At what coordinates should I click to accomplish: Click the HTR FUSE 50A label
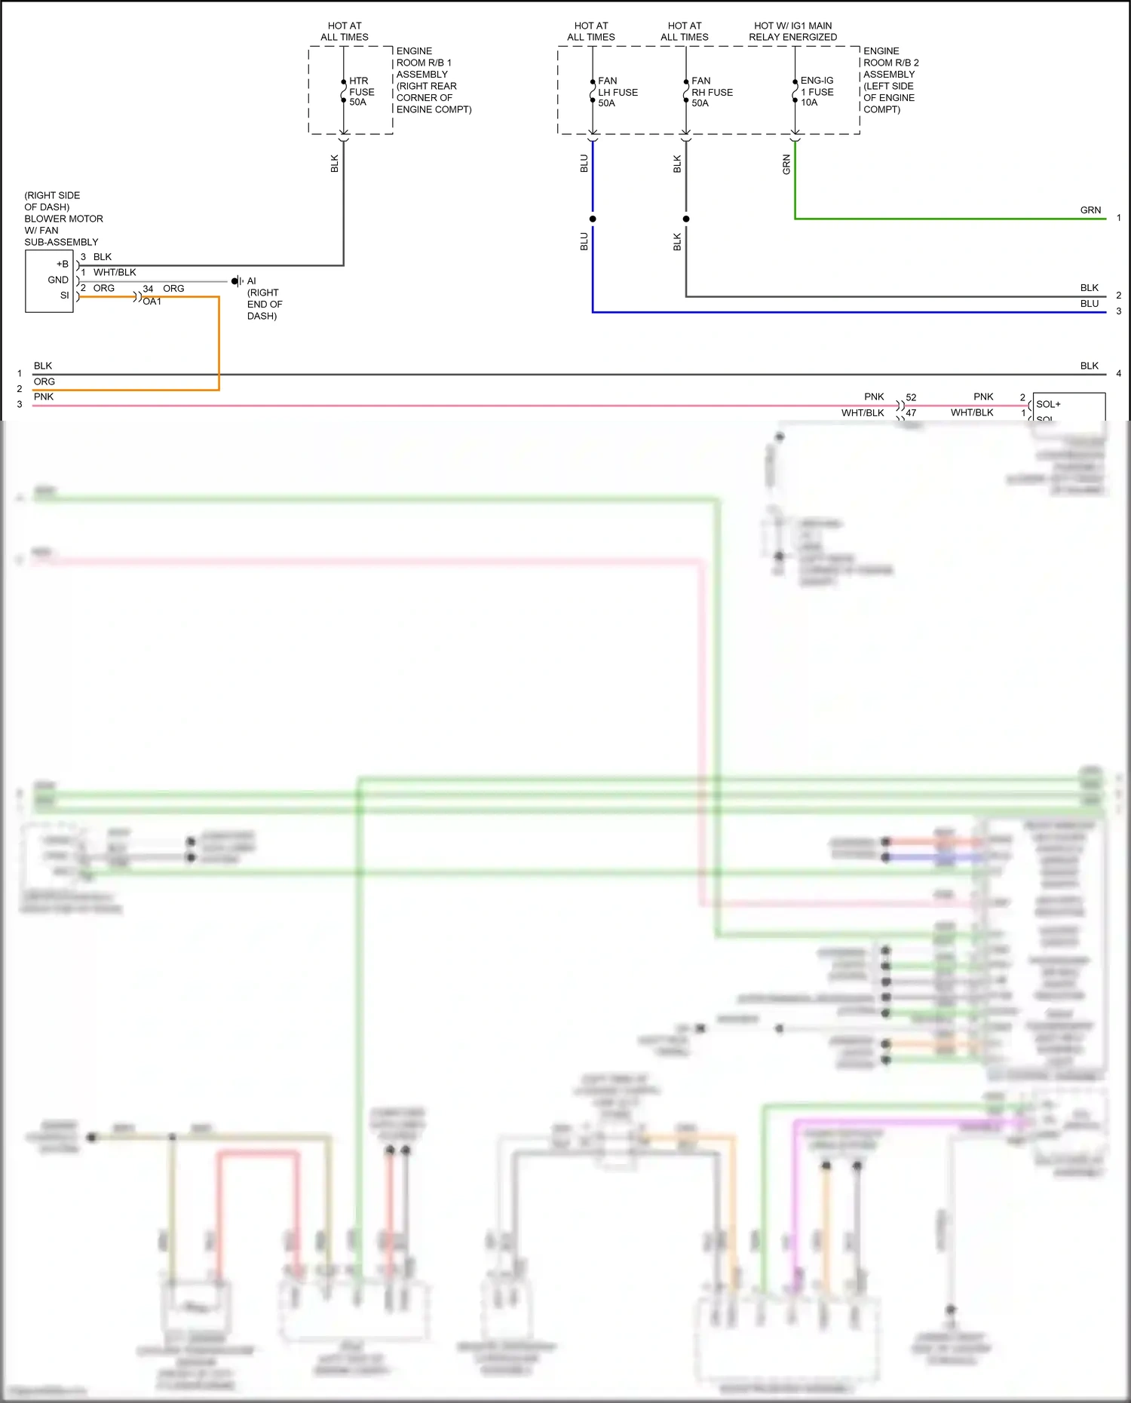(x=360, y=91)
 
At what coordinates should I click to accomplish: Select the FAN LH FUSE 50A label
(x=617, y=92)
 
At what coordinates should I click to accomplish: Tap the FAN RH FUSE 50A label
(x=711, y=92)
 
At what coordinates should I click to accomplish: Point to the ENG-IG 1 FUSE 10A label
(x=817, y=91)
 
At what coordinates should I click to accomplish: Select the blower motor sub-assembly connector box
(x=49, y=281)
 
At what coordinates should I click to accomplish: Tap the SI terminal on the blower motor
(x=65, y=296)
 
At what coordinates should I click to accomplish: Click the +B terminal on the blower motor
(x=63, y=264)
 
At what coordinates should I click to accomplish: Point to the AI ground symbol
(x=237, y=281)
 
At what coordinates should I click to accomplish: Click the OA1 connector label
(x=152, y=302)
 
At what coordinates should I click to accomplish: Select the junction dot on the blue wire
(x=593, y=219)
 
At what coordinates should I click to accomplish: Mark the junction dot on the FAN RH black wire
(x=686, y=219)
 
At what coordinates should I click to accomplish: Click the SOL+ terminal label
(x=1048, y=404)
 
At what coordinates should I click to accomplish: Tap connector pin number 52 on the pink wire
(x=911, y=397)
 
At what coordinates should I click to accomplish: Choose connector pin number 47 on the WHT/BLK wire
(x=911, y=413)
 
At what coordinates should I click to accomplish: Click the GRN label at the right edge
(x=1090, y=210)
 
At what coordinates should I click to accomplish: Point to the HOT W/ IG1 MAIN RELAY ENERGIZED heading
(x=792, y=31)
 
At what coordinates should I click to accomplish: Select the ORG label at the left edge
(x=44, y=381)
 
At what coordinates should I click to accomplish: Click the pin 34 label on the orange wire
(x=148, y=289)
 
